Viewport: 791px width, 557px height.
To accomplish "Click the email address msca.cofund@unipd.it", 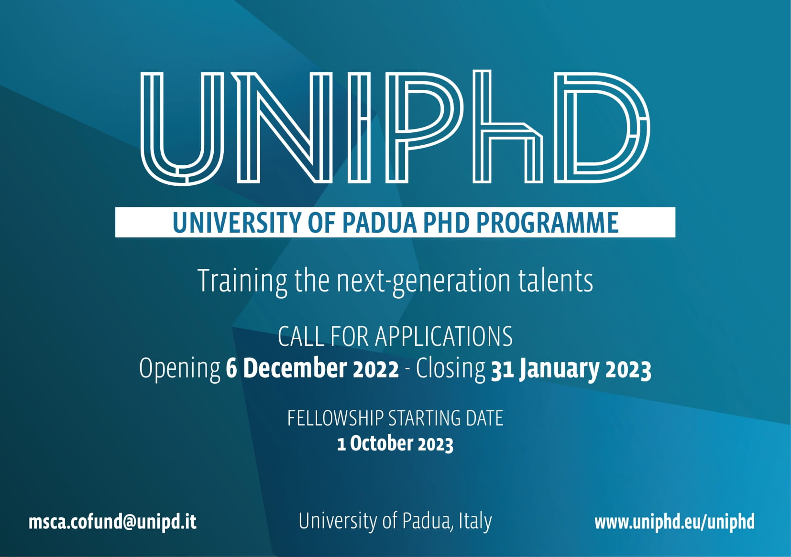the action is point(112,522).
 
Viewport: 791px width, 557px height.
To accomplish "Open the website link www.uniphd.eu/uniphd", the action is point(674,522).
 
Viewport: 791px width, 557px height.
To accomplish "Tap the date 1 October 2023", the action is point(395,444).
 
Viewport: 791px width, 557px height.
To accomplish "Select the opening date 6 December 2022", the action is point(312,368).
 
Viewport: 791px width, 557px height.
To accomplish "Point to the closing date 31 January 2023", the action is point(571,369).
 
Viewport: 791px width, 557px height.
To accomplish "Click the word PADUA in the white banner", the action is point(380,223).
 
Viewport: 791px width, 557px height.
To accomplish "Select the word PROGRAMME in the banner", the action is point(548,223).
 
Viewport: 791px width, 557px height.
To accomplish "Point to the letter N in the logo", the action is point(284,128).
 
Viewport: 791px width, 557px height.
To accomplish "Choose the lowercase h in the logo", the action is point(508,126).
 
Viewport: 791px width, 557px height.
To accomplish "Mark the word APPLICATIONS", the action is point(443,336).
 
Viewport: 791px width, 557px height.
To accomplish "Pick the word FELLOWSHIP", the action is point(335,418).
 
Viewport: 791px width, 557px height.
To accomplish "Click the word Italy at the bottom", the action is point(475,522).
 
